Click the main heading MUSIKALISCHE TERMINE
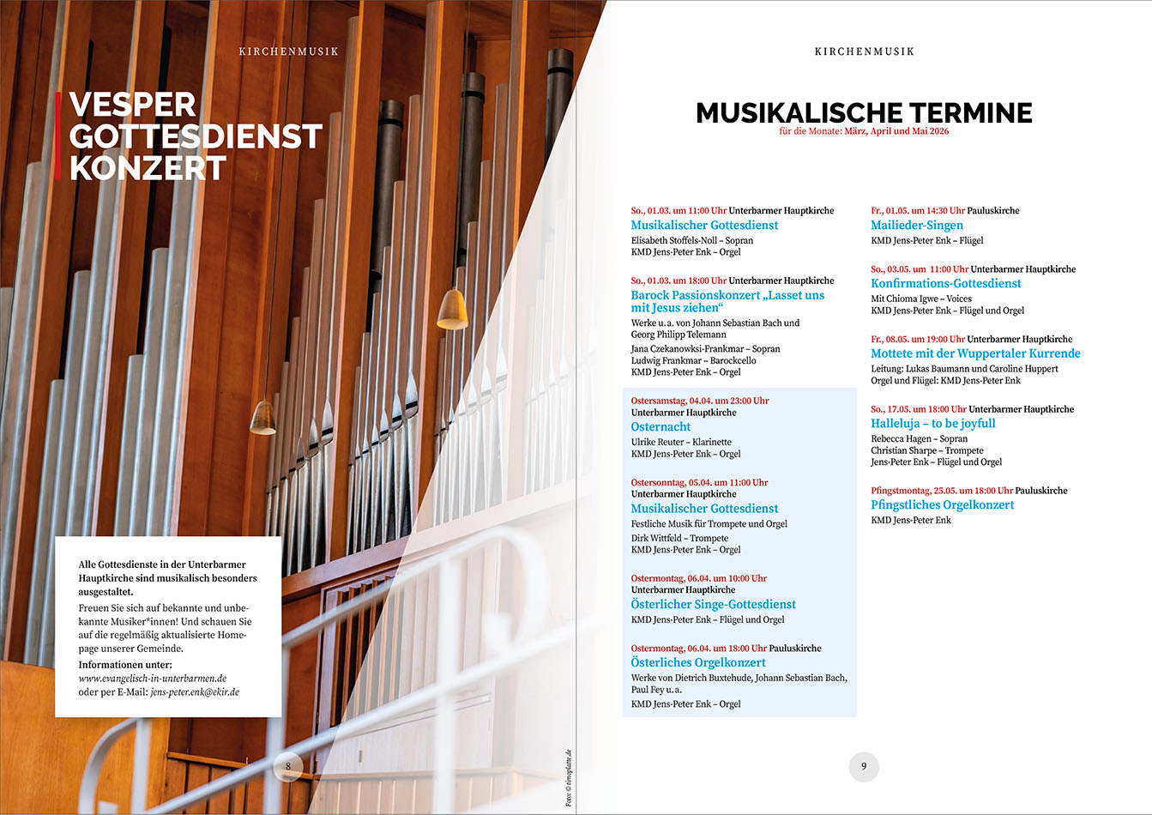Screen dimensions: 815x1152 (x=864, y=112)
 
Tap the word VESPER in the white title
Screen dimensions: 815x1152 (x=132, y=105)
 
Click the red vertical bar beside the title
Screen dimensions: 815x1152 (x=57, y=136)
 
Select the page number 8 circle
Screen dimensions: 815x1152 (x=288, y=766)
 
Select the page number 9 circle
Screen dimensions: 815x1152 (x=864, y=766)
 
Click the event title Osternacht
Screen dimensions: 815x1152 (x=660, y=426)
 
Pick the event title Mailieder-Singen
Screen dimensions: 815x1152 (x=916, y=225)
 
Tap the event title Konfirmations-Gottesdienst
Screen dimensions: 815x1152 (x=946, y=283)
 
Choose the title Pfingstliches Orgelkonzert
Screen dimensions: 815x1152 (x=942, y=504)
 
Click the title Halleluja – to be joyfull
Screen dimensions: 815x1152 (x=933, y=423)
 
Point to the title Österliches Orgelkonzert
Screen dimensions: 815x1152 (x=698, y=662)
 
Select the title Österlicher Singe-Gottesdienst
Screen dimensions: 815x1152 (x=713, y=604)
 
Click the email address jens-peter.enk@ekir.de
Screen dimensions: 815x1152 (x=195, y=691)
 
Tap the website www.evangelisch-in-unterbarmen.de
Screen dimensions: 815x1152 (x=153, y=678)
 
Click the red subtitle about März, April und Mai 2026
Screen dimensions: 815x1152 (x=864, y=131)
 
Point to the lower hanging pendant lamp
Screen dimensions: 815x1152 (x=262, y=417)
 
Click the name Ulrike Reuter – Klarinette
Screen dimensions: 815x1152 (x=681, y=442)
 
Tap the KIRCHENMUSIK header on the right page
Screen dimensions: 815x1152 (x=864, y=51)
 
